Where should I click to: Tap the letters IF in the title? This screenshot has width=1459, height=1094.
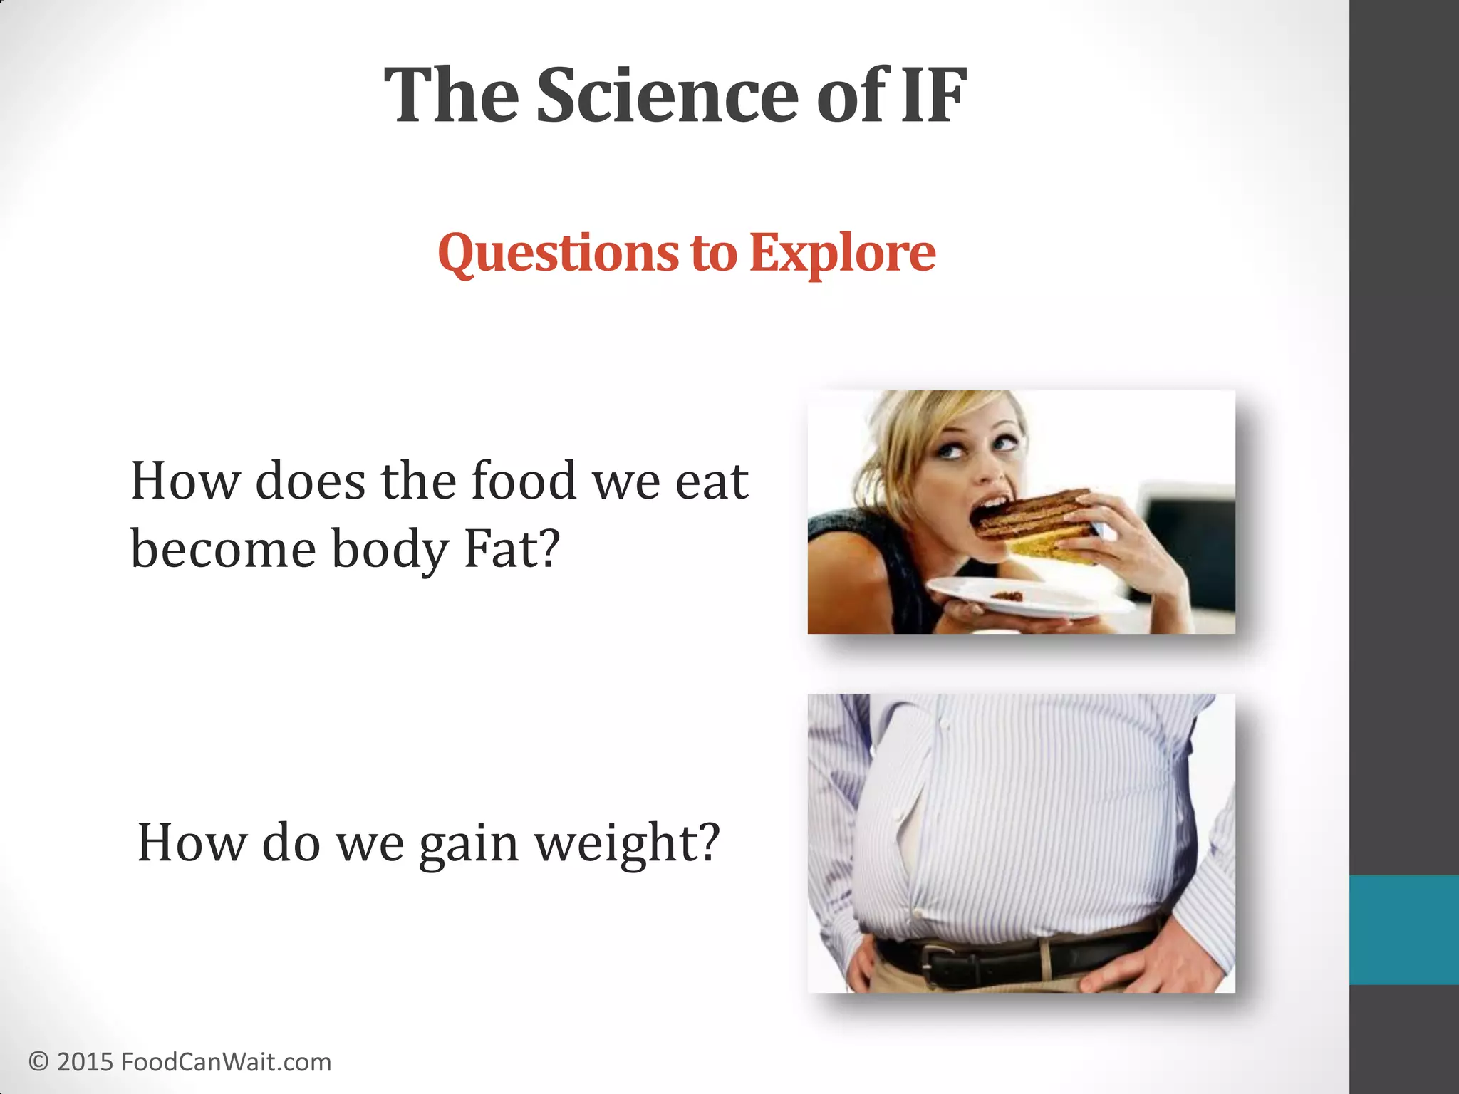pyautogui.click(x=933, y=96)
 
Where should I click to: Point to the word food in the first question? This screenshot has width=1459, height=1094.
pyautogui.click(x=524, y=481)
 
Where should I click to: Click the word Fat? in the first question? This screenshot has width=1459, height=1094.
pyautogui.click(x=512, y=550)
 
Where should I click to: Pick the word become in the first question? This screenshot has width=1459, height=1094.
pyautogui.click(x=223, y=550)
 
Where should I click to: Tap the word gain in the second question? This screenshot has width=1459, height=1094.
pyautogui.click(x=468, y=844)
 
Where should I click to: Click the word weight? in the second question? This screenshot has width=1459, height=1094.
pyautogui.click(x=628, y=844)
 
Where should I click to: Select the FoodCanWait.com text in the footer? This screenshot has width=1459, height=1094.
pyautogui.click(x=227, y=1062)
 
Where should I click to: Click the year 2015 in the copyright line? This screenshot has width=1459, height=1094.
pyautogui.click(x=85, y=1062)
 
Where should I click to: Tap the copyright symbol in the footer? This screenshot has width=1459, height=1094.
pyautogui.click(x=38, y=1062)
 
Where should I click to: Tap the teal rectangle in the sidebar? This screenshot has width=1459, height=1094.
pyautogui.click(x=1403, y=929)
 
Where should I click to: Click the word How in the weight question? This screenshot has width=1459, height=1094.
pyautogui.click(x=191, y=844)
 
